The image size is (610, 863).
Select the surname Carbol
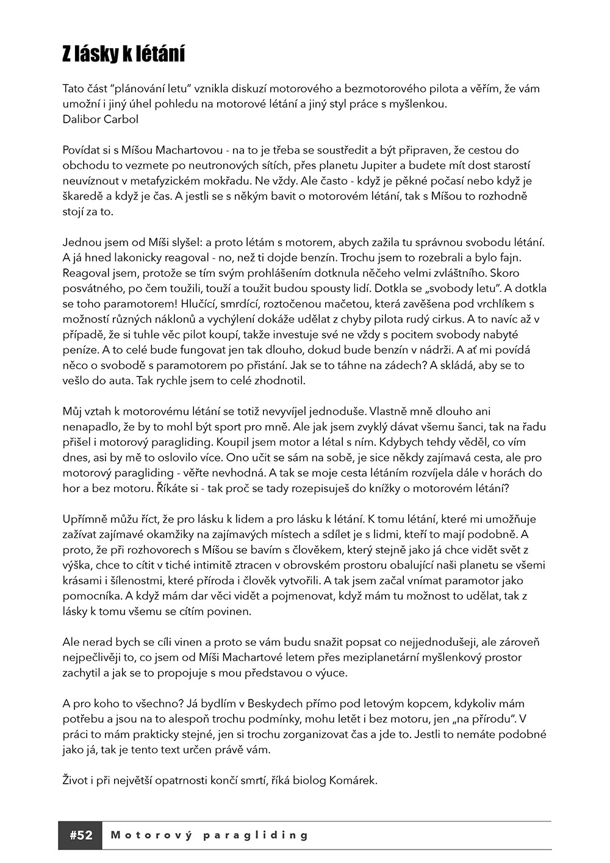point(120,119)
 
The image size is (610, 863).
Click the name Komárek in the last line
point(357,780)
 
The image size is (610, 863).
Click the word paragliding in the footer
point(256,835)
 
